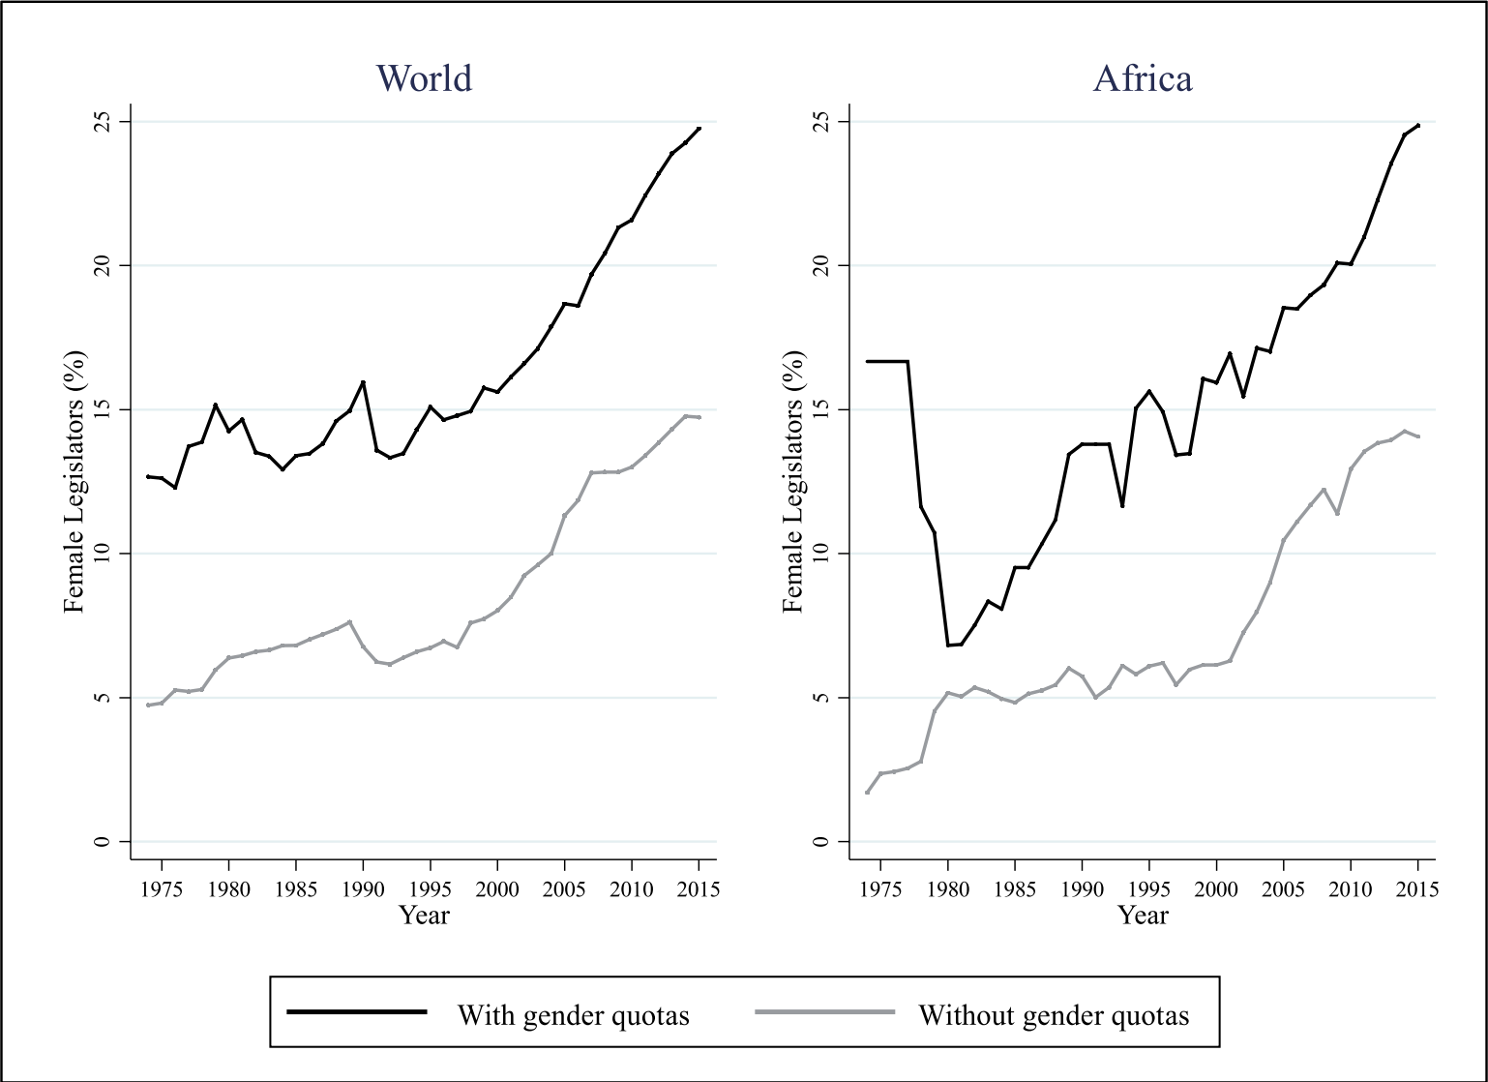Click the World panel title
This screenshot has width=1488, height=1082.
point(424,77)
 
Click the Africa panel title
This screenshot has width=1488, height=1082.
point(1143,77)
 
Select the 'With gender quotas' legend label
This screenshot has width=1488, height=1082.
point(573,1015)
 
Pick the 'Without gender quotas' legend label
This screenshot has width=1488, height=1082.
point(1054,1015)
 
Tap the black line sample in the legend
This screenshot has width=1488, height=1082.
point(357,1011)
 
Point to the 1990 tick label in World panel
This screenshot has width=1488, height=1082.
point(363,888)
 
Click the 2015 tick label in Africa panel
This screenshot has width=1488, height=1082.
point(1418,888)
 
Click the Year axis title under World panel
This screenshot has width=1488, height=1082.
point(425,915)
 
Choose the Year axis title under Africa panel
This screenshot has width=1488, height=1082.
point(1143,915)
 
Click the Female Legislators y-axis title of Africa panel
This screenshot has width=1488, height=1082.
point(793,481)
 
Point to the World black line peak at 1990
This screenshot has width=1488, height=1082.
point(363,381)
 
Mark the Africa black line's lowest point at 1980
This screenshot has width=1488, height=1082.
point(948,646)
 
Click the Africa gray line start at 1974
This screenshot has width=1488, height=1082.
point(867,793)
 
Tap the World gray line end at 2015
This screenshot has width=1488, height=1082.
point(699,417)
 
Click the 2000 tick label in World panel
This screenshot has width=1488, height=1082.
point(497,888)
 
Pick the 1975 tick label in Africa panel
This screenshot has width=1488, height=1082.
point(880,888)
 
